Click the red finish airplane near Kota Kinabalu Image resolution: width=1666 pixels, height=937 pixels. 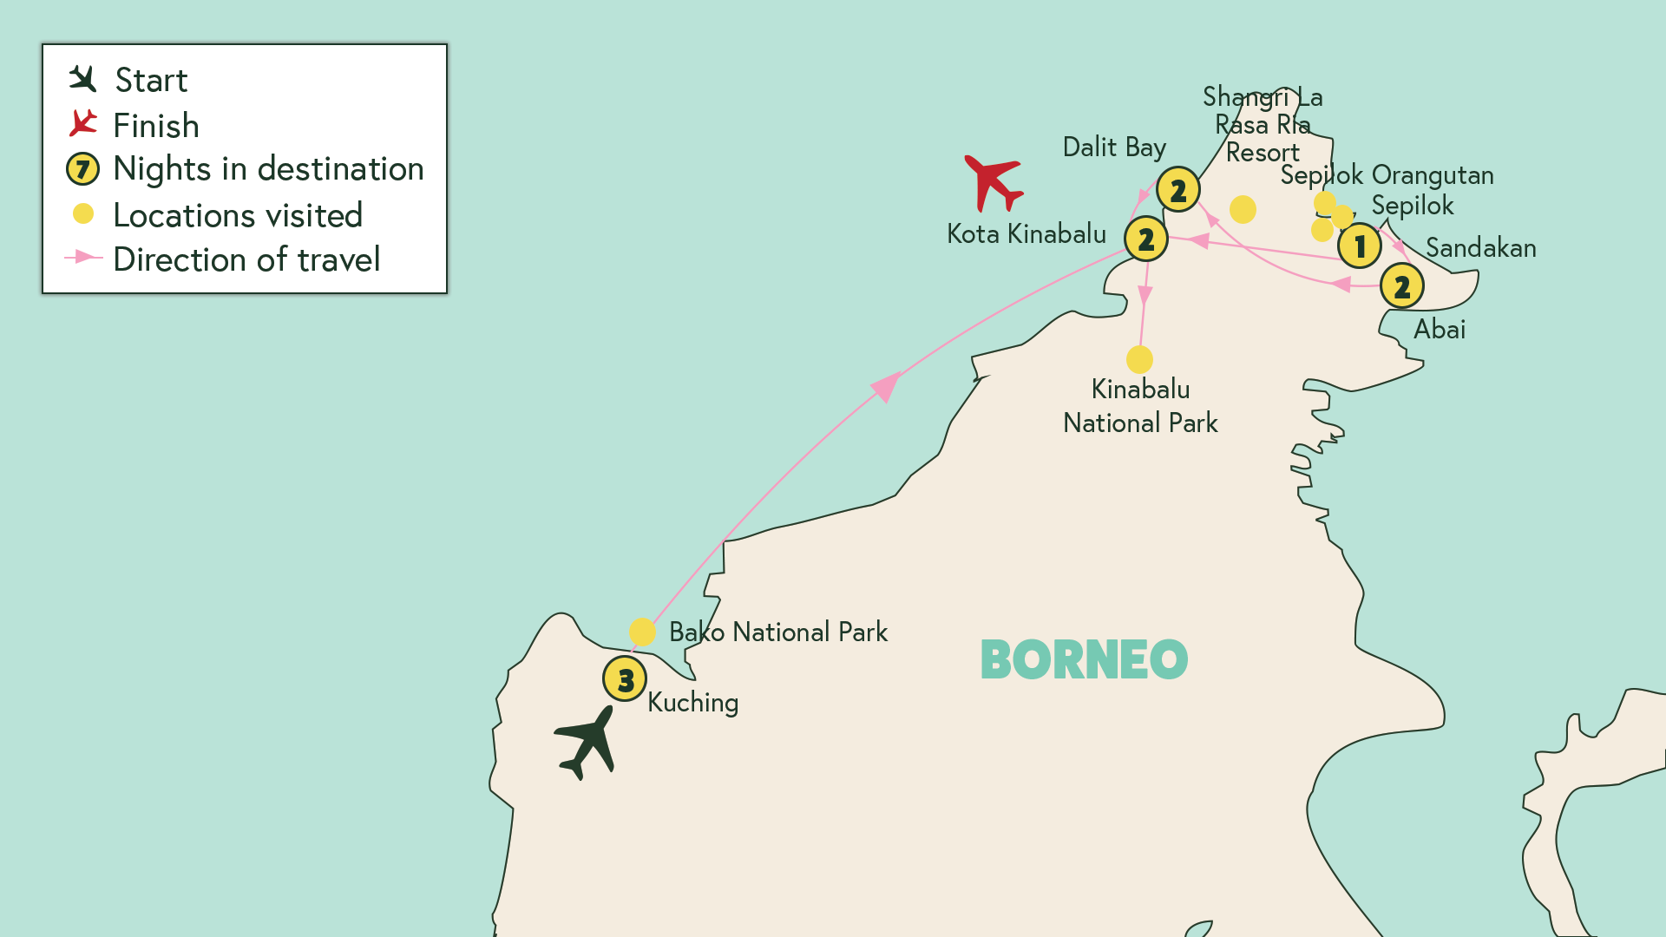tap(994, 181)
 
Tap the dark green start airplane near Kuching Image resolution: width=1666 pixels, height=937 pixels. tap(587, 742)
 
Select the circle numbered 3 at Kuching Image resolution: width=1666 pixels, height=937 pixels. tap(625, 678)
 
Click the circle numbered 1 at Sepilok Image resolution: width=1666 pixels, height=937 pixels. tap(1359, 246)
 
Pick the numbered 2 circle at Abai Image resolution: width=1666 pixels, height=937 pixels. tap(1401, 286)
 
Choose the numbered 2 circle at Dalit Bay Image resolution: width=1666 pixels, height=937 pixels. tap(1177, 189)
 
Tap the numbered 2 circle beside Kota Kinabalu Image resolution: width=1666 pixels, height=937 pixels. tap(1145, 239)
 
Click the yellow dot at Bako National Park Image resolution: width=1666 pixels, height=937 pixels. tap(642, 632)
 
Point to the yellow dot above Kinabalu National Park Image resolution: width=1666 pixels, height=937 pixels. tap(1139, 359)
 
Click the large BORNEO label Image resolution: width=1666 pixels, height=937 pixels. tap(1084, 660)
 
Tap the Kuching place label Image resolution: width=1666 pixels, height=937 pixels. tap(692, 703)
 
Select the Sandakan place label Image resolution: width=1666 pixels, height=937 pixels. tap(1480, 248)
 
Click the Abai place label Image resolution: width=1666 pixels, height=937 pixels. tap(1440, 330)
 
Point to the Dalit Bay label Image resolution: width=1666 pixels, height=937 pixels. tap(1114, 147)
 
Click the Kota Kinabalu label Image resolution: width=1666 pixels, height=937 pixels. tap(1026, 234)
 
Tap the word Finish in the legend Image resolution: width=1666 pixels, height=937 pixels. tap(156, 126)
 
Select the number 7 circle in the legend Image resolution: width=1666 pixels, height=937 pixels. tap(83, 168)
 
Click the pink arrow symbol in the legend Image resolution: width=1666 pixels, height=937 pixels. tap(83, 258)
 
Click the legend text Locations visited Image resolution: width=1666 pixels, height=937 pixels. tap(238, 215)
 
